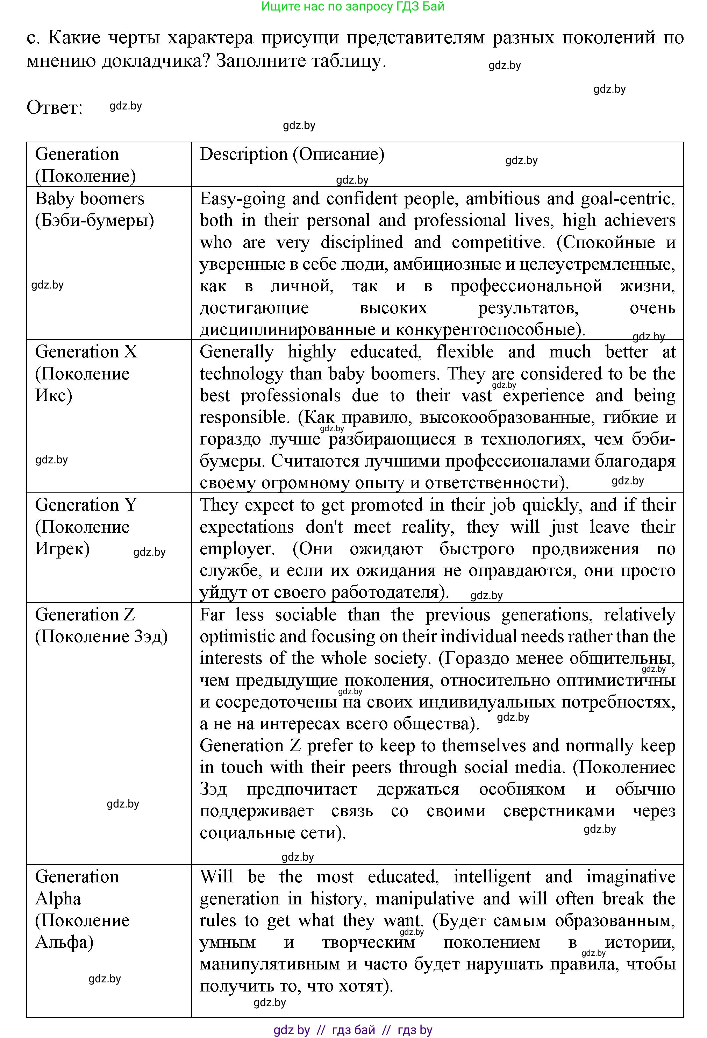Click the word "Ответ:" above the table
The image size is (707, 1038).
(x=55, y=108)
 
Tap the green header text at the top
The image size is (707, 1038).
(x=352, y=6)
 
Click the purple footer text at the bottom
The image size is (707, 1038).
(x=352, y=1030)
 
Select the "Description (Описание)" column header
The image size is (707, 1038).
(x=292, y=154)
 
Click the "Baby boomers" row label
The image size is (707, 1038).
(x=89, y=198)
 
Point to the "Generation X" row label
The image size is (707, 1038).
(x=86, y=351)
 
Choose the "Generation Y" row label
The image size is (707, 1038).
(x=86, y=505)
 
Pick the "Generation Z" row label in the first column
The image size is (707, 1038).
(x=85, y=614)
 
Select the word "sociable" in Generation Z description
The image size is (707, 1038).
(x=306, y=614)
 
